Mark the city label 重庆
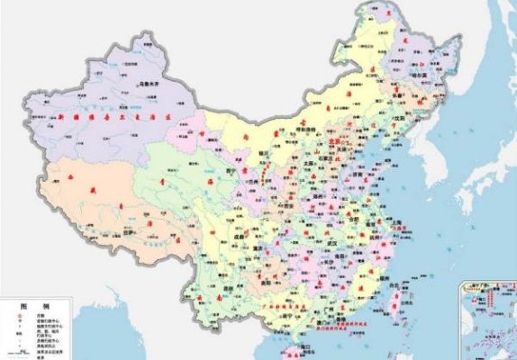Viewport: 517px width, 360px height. coord(262,249)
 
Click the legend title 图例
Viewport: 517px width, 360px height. coord(28,307)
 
